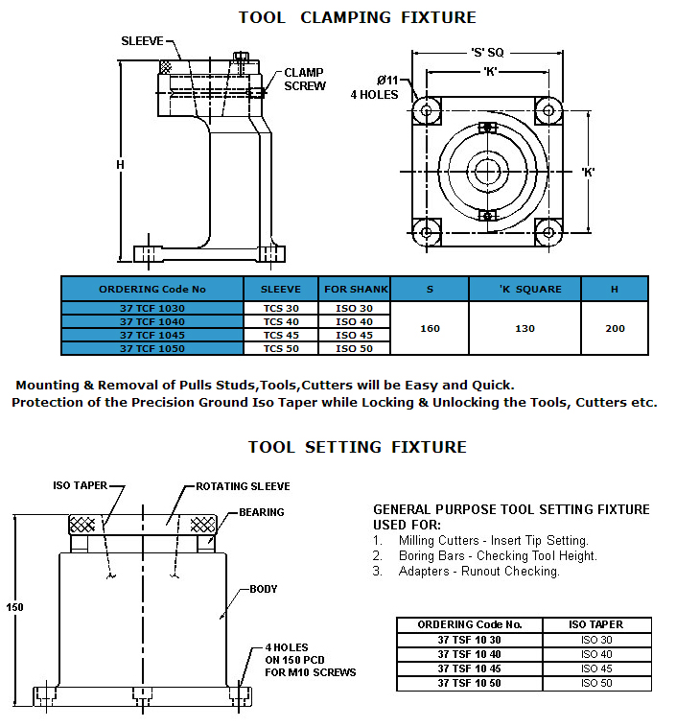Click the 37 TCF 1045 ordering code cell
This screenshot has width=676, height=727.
point(152,335)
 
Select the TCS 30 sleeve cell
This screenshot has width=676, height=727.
point(281,308)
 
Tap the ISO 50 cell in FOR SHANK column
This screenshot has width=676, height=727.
point(354,348)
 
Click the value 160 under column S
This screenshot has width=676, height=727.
point(430,328)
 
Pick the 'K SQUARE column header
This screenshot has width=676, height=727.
point(530,290)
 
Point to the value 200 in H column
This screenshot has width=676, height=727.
point(615,328)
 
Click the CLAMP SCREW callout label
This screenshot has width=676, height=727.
point(305,80)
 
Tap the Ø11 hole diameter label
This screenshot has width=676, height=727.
point(387,81)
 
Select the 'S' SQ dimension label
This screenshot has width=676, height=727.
point(487,53)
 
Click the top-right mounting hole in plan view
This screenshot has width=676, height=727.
point(548,111)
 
